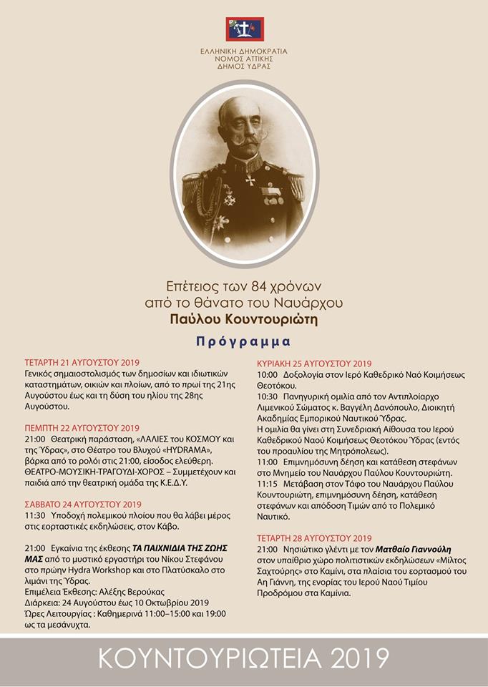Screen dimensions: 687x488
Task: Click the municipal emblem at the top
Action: click(244, 29)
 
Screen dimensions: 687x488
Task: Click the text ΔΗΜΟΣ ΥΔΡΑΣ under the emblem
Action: click(244, 66)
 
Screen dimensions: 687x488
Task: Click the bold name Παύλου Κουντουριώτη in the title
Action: click(244, 318)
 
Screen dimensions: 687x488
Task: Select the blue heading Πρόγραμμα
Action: click(244, 341)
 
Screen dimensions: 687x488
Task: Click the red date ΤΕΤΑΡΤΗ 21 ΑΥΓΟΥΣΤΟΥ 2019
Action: click(82, 362)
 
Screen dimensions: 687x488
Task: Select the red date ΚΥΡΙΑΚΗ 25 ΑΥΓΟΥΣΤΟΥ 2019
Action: click(314, 362)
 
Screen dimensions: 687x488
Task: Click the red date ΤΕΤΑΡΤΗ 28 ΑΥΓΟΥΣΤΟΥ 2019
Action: click(314, 537)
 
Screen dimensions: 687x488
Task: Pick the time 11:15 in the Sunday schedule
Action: click(268, 483)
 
